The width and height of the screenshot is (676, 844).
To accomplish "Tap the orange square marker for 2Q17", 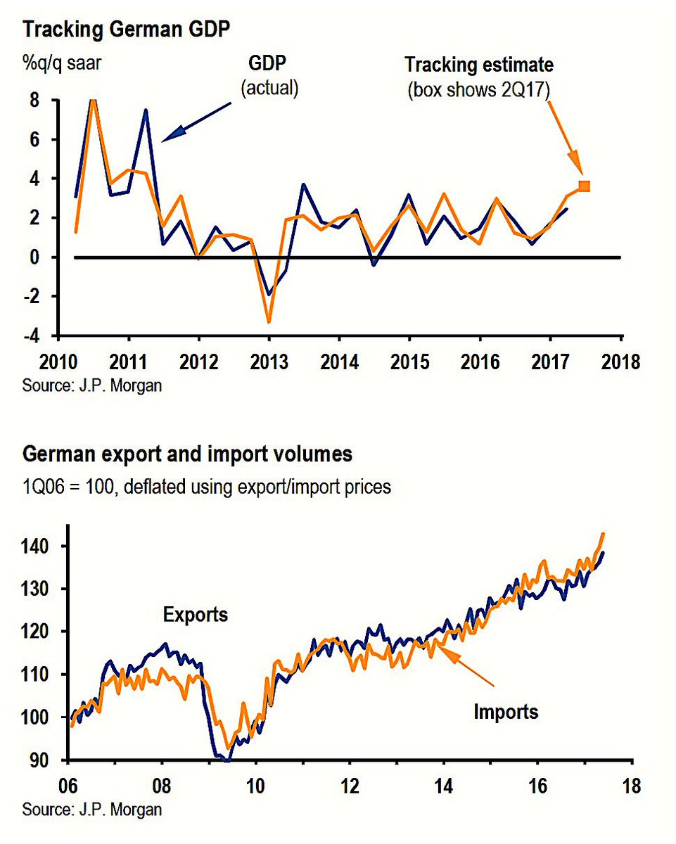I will [x=584, y=186].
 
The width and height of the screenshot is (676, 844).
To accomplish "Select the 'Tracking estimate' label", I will [x=478, y=65].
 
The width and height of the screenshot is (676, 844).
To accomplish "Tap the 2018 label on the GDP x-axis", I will [x=621, y=363].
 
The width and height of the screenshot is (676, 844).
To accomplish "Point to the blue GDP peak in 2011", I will [x=146, y=110].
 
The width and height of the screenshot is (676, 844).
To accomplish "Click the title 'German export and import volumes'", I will [x=187, y=455].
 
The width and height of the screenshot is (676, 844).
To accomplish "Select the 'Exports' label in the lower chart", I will [x=196, y=614].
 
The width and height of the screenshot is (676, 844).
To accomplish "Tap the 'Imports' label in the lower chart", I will [x=506, y=711].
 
